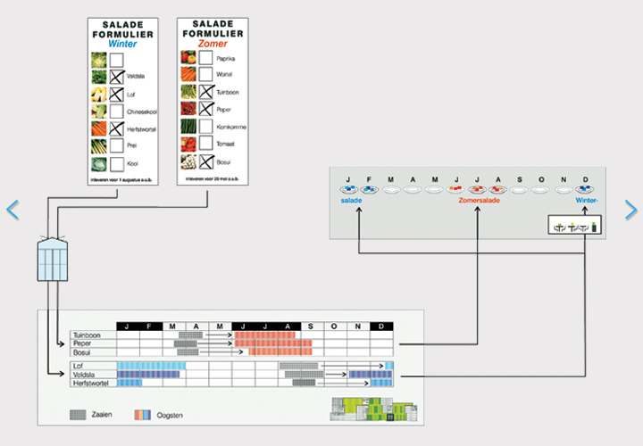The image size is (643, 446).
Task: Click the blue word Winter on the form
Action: [123, 43]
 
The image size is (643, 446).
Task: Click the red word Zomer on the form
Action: [212, 43]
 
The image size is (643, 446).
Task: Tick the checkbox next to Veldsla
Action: [116, 77]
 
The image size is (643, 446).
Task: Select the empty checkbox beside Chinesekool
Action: [116, 111]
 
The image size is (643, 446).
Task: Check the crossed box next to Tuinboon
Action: [205, 92]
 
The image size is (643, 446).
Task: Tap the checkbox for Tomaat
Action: [205, 144]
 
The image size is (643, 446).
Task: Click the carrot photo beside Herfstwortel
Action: [98, 129]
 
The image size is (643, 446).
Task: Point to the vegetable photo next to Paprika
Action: [188, 58]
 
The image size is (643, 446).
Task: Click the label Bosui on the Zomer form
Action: [223, 161]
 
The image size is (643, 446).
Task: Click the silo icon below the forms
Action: [52, 259]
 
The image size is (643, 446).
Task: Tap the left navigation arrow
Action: [13, 210]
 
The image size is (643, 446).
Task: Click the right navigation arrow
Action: [630, 210]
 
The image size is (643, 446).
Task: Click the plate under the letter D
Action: [584, 189]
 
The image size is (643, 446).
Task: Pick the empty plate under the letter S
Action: [520, 189]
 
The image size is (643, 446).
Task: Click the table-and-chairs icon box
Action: [572, 227]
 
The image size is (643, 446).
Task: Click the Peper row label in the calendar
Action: [83, 343]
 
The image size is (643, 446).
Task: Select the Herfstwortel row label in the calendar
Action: [92, 384]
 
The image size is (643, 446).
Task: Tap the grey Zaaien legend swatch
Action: [79, 415]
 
